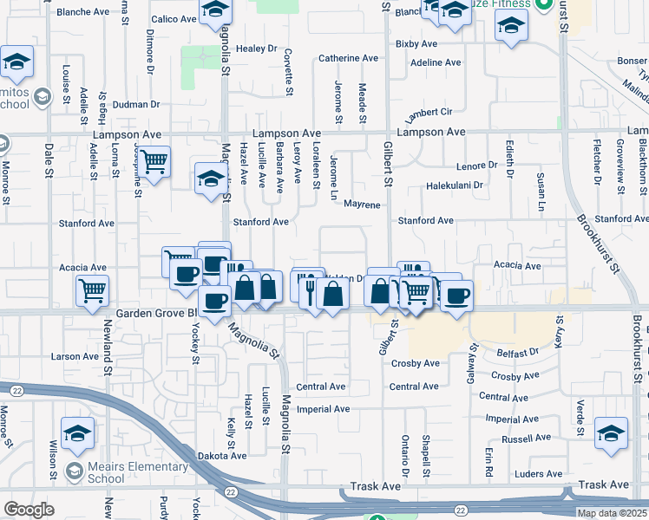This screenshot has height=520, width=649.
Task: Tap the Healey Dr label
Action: (x=255, y=49)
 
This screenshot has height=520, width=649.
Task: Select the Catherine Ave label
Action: (x=348, y=58)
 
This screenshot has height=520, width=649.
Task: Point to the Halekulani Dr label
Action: (x=454, y=185)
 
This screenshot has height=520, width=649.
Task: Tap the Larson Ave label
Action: (x=75, y=356)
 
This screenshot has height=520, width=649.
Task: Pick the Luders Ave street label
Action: (x=538, y=474)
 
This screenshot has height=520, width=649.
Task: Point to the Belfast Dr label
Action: (x=517, y=354)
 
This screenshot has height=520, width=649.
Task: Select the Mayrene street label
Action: (x=362, y=205)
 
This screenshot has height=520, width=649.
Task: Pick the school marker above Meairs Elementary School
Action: (x=77, y=432)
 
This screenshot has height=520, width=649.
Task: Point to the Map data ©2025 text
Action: (x=611, y=513)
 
